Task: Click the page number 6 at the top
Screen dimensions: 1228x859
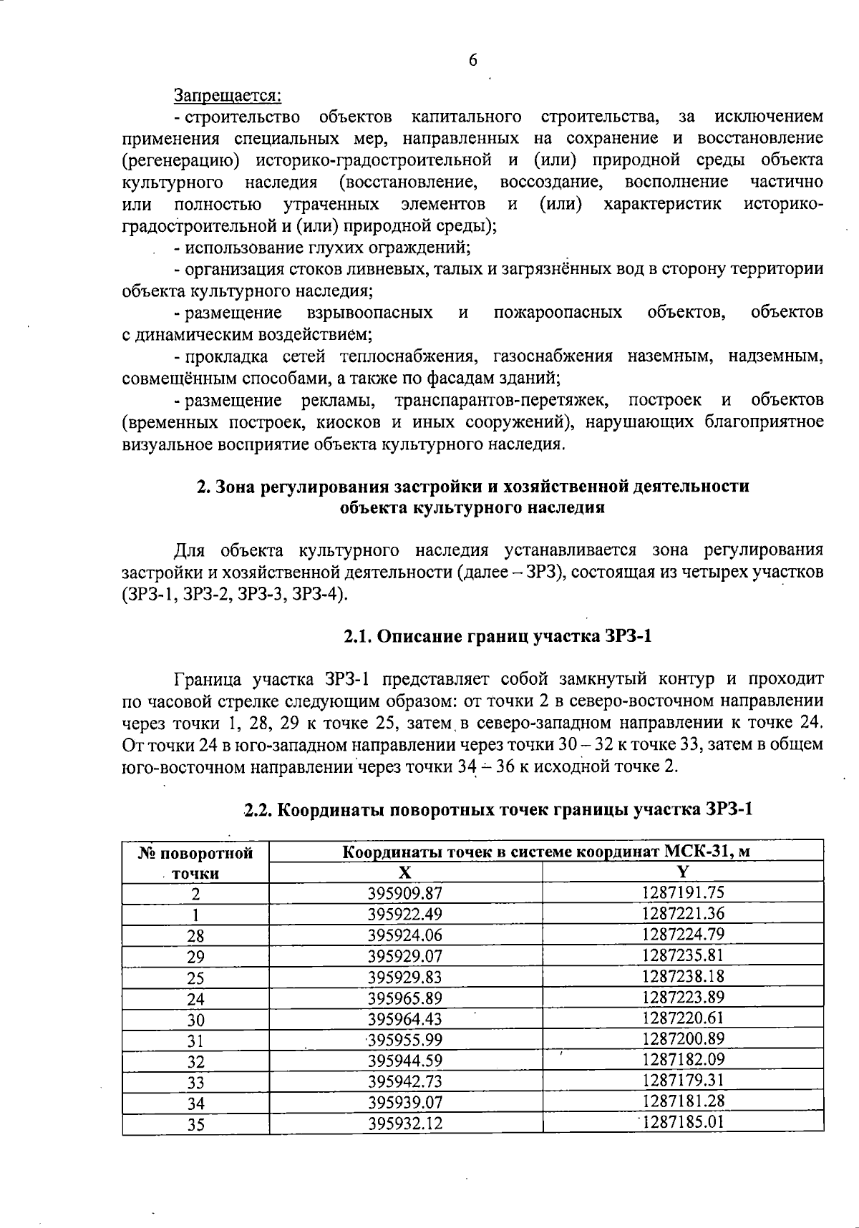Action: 472,61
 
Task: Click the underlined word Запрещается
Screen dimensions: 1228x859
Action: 228,94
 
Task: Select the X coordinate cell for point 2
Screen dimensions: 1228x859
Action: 405,893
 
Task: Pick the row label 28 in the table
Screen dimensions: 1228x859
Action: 195,936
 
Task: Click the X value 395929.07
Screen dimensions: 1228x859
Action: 405,956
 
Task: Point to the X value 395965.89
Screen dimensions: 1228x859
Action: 405,998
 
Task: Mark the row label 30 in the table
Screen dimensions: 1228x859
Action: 195,1020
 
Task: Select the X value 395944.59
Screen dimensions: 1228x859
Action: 405,1061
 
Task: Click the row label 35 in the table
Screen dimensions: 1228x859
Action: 195,1125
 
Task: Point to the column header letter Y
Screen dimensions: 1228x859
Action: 683,872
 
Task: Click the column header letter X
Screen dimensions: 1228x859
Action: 405,872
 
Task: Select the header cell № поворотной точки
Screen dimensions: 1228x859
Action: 195,862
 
